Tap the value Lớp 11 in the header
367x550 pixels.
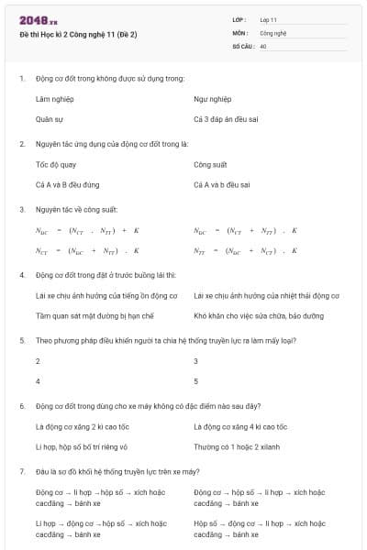269,19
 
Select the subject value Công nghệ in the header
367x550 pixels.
273,32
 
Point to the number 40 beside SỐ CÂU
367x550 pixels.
263,45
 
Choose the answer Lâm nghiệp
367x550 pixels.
54,98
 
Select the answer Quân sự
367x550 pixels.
50,118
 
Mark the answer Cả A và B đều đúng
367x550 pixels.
67,184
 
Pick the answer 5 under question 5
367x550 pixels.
196,380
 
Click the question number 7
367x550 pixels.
21,471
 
